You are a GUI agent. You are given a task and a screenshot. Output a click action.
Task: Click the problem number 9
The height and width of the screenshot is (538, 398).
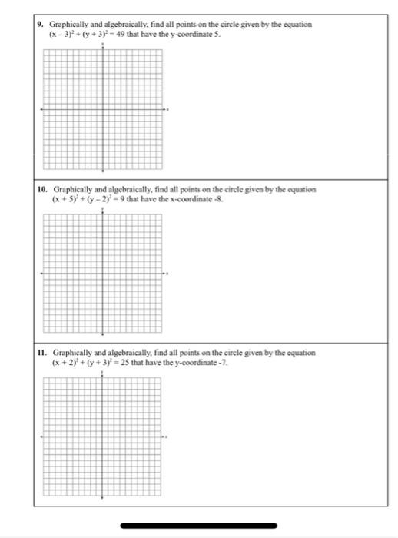pyautogui.click(x=41, y=25)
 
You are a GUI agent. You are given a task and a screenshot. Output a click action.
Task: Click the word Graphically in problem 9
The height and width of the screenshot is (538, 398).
pyautogui.click(x=68, y=25)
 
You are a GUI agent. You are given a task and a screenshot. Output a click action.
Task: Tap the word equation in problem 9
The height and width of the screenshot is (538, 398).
pyautogui.click(x=296, y=25)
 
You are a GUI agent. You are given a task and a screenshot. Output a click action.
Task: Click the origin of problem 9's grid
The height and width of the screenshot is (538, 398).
pyautogui.click(x=103, y=109)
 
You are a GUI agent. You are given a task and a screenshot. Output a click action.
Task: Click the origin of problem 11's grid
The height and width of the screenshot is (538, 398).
pyautogui.click(x=103, y=438)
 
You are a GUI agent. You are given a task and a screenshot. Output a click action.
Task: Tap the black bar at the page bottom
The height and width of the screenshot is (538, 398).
pyautogui.click(x=199, y=526)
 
